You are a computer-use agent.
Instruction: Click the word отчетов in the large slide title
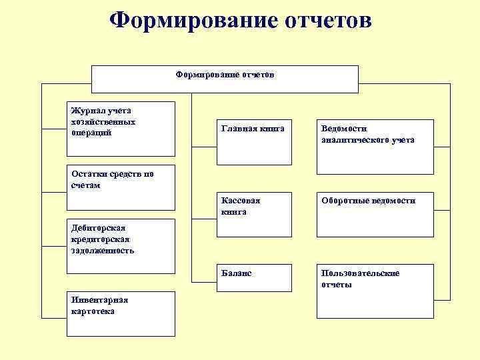point(319,20)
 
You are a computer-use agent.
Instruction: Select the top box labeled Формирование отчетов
point(225,79)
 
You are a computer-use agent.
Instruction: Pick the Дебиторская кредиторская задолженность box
point(122,246)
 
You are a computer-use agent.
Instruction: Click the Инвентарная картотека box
point(122,313)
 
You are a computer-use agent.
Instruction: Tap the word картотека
point(93,311)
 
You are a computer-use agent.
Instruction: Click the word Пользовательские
point(360,273)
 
